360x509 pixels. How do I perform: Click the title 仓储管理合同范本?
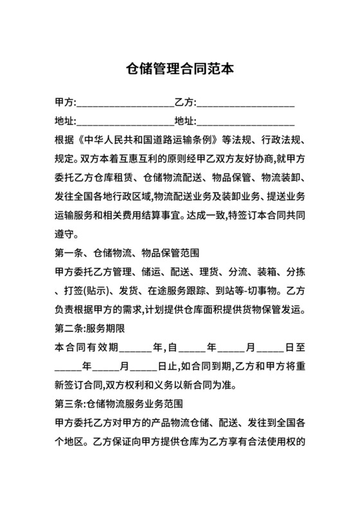(x=179, y=68)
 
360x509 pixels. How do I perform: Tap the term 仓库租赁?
(x=116, y=177)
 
